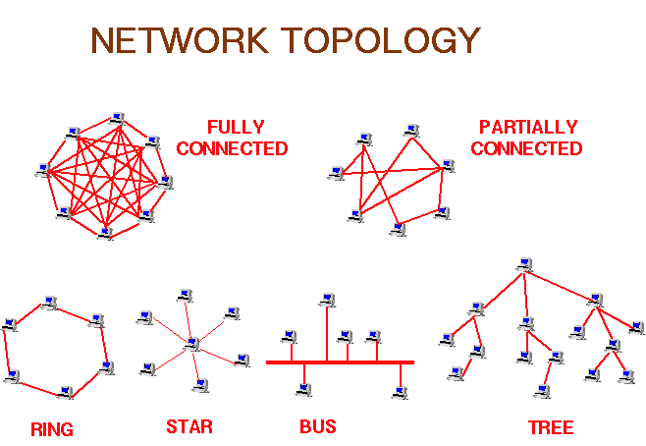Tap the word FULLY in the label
click(233, 128)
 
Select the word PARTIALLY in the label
click(528, 128)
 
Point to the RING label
click(52, 429)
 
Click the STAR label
click(188, 427)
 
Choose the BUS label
click(317, 427)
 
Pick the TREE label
click(550, 428)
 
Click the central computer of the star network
click(192, 344)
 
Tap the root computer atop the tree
click(525, 264)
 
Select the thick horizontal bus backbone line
click(340, 362)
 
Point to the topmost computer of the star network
click(184, 295)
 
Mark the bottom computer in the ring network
click(66, 393)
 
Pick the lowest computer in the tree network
click(542, 391)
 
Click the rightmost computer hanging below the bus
click(399, 392)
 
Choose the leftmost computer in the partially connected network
click(337, 173)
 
